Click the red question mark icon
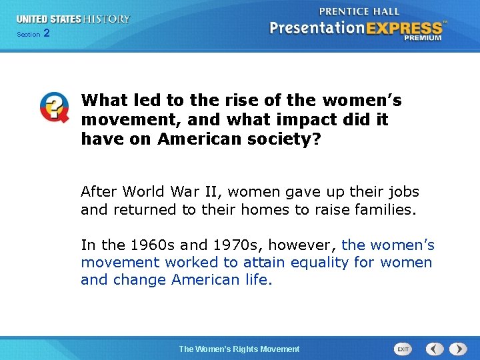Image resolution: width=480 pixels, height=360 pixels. pos(54,107)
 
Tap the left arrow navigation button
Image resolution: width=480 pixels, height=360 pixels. pos(435,349)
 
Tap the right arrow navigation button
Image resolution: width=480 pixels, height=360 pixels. pos(458,349)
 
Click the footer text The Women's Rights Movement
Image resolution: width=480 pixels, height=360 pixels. pos(239,349)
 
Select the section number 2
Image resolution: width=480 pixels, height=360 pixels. pos(46,33)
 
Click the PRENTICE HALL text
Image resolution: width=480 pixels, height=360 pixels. pos(359,11)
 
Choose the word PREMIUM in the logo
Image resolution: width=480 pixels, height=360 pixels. pos(423,38)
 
